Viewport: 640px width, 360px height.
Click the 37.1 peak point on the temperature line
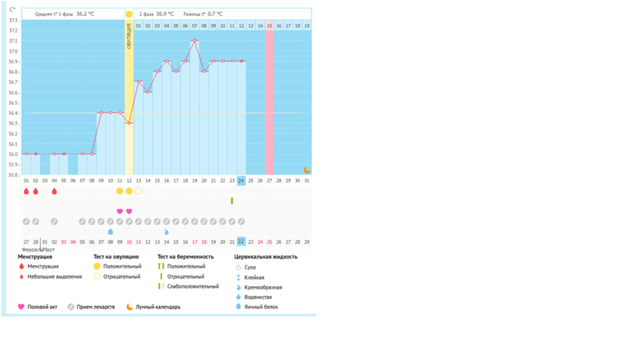[x=194, y=41]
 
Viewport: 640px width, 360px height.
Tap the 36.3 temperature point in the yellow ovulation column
[x=129, y=123]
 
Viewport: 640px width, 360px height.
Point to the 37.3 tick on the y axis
[x=12, y=20]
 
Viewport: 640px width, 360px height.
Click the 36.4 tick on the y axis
[x=12, y=113]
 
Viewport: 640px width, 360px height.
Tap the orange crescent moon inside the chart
[x=307, y=170]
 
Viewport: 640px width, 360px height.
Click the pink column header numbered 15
[x=269, y=27]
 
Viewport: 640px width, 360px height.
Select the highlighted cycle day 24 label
[x=241, y=180]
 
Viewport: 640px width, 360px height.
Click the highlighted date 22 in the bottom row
[x=241, y=242]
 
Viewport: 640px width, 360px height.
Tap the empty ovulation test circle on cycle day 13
[x=139, y=191]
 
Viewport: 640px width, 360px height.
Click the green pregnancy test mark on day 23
[x=232, y=200]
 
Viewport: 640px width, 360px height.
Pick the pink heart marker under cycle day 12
[x=129, y=211]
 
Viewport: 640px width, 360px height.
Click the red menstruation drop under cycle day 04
[x=54, y=191]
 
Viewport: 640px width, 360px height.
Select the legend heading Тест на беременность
[x=185, y=257]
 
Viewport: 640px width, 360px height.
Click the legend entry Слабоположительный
[x=190, y=286]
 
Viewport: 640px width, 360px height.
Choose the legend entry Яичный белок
[x=260, y=307]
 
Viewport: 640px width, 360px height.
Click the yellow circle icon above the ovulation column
[x=129, y=14]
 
